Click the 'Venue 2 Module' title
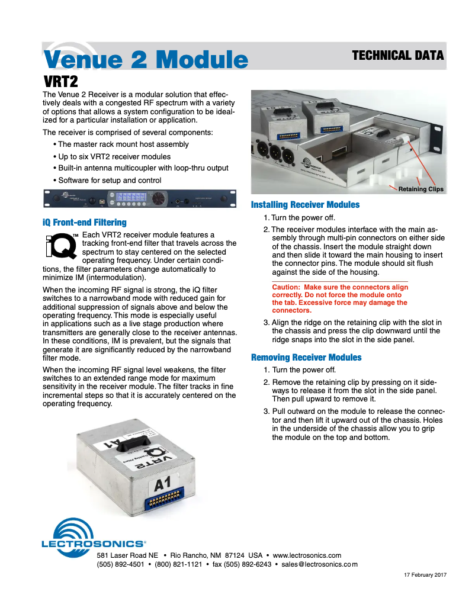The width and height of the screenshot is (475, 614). tap(146, 60)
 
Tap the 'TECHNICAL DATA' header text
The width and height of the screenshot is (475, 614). tap(397, 56)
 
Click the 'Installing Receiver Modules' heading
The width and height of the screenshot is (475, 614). tap(305, 205)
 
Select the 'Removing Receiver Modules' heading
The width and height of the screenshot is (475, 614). tap(306, 358)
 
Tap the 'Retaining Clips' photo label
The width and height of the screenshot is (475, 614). tap(421, 189)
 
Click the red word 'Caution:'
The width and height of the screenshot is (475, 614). tap(288, 287)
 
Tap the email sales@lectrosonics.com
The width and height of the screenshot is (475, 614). tap(319, 564)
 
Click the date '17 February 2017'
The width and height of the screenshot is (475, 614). tap(425, 575)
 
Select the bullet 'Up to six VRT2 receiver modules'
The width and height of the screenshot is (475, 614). tap(114, 156)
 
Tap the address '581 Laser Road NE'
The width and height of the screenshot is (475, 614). tap(127, 555)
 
